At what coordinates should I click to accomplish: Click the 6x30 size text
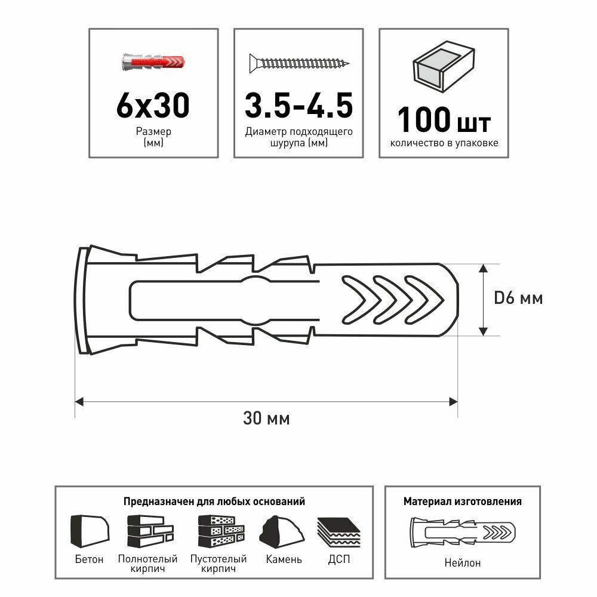(x=152, y=106)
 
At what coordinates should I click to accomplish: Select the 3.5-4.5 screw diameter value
(x=298, y=106)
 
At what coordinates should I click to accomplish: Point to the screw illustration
(x=298, y=62)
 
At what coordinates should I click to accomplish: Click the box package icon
(x=444, y=67)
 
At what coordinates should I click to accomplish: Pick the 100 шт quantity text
(x=444, y=119)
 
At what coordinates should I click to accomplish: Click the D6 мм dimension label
(x=518, y=298)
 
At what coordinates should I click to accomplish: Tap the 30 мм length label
(x=266, y=419)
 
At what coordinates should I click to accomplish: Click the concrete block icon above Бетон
(x=90, y=531)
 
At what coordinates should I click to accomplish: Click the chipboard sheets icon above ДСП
(x=339, y=531)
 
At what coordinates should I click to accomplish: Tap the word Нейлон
(x=462, y=562)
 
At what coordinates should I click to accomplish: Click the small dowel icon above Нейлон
(x=461, y=531)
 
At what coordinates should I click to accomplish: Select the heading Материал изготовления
(x=462, y=501)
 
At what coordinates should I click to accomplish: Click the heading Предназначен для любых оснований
(x=214, y=501)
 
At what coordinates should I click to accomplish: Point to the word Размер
(x=153, y=131)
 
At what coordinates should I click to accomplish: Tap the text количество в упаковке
(x=444, y=143)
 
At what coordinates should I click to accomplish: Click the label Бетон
(x=90, y=559)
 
